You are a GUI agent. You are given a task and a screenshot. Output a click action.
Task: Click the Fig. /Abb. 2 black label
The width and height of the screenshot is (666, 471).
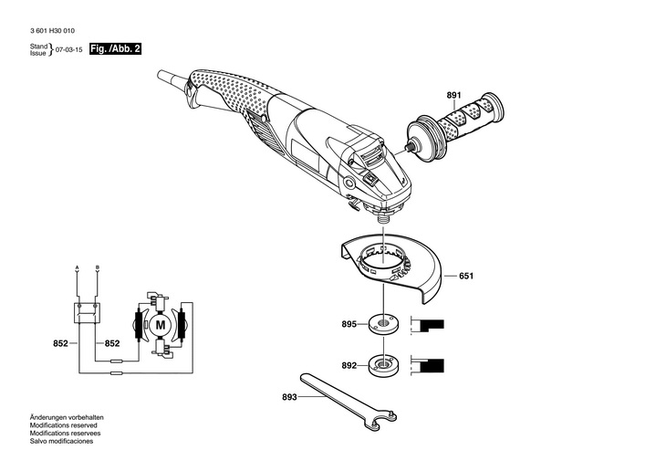click(115, 48)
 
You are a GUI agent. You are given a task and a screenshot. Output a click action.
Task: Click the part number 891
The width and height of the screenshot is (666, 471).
click(453, 95)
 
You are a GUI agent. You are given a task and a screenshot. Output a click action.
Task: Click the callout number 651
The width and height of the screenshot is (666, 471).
click(466, 276)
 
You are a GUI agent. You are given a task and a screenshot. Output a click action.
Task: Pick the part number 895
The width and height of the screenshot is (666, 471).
click(349, 324)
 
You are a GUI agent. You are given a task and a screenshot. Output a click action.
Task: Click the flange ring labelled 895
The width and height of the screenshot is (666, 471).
click(383, 324)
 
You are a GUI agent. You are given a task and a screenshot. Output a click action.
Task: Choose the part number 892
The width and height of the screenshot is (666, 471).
click(349, 365)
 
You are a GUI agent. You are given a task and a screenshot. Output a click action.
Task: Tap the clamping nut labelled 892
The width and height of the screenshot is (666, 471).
click(383, 365)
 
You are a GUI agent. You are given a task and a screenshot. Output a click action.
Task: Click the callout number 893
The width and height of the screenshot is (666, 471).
click(289, 397)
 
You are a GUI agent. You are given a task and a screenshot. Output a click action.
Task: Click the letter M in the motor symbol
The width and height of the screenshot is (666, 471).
click(161, 325)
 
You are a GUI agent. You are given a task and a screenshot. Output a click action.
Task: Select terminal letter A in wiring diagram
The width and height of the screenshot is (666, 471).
click(77, 267)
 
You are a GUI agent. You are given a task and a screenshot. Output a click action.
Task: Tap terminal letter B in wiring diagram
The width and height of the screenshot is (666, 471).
click(98, 267)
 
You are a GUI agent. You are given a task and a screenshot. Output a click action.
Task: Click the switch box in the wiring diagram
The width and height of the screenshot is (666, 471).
click(87, 313)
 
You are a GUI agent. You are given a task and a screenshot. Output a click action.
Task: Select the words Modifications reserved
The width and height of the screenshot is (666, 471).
click(63, 425)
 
